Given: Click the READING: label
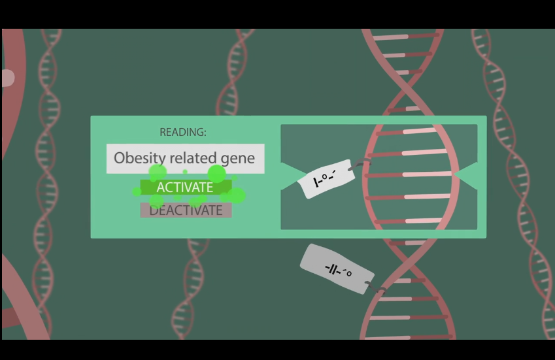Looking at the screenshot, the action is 183,132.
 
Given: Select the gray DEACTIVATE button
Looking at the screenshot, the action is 186,210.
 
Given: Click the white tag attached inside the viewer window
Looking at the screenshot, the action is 325,178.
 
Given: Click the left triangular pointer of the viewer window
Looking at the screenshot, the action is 291,177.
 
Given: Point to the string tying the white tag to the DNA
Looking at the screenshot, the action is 359,164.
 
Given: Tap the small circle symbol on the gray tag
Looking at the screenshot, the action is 348,273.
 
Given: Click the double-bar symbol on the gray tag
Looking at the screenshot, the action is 333,269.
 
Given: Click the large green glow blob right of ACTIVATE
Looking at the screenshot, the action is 237,195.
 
